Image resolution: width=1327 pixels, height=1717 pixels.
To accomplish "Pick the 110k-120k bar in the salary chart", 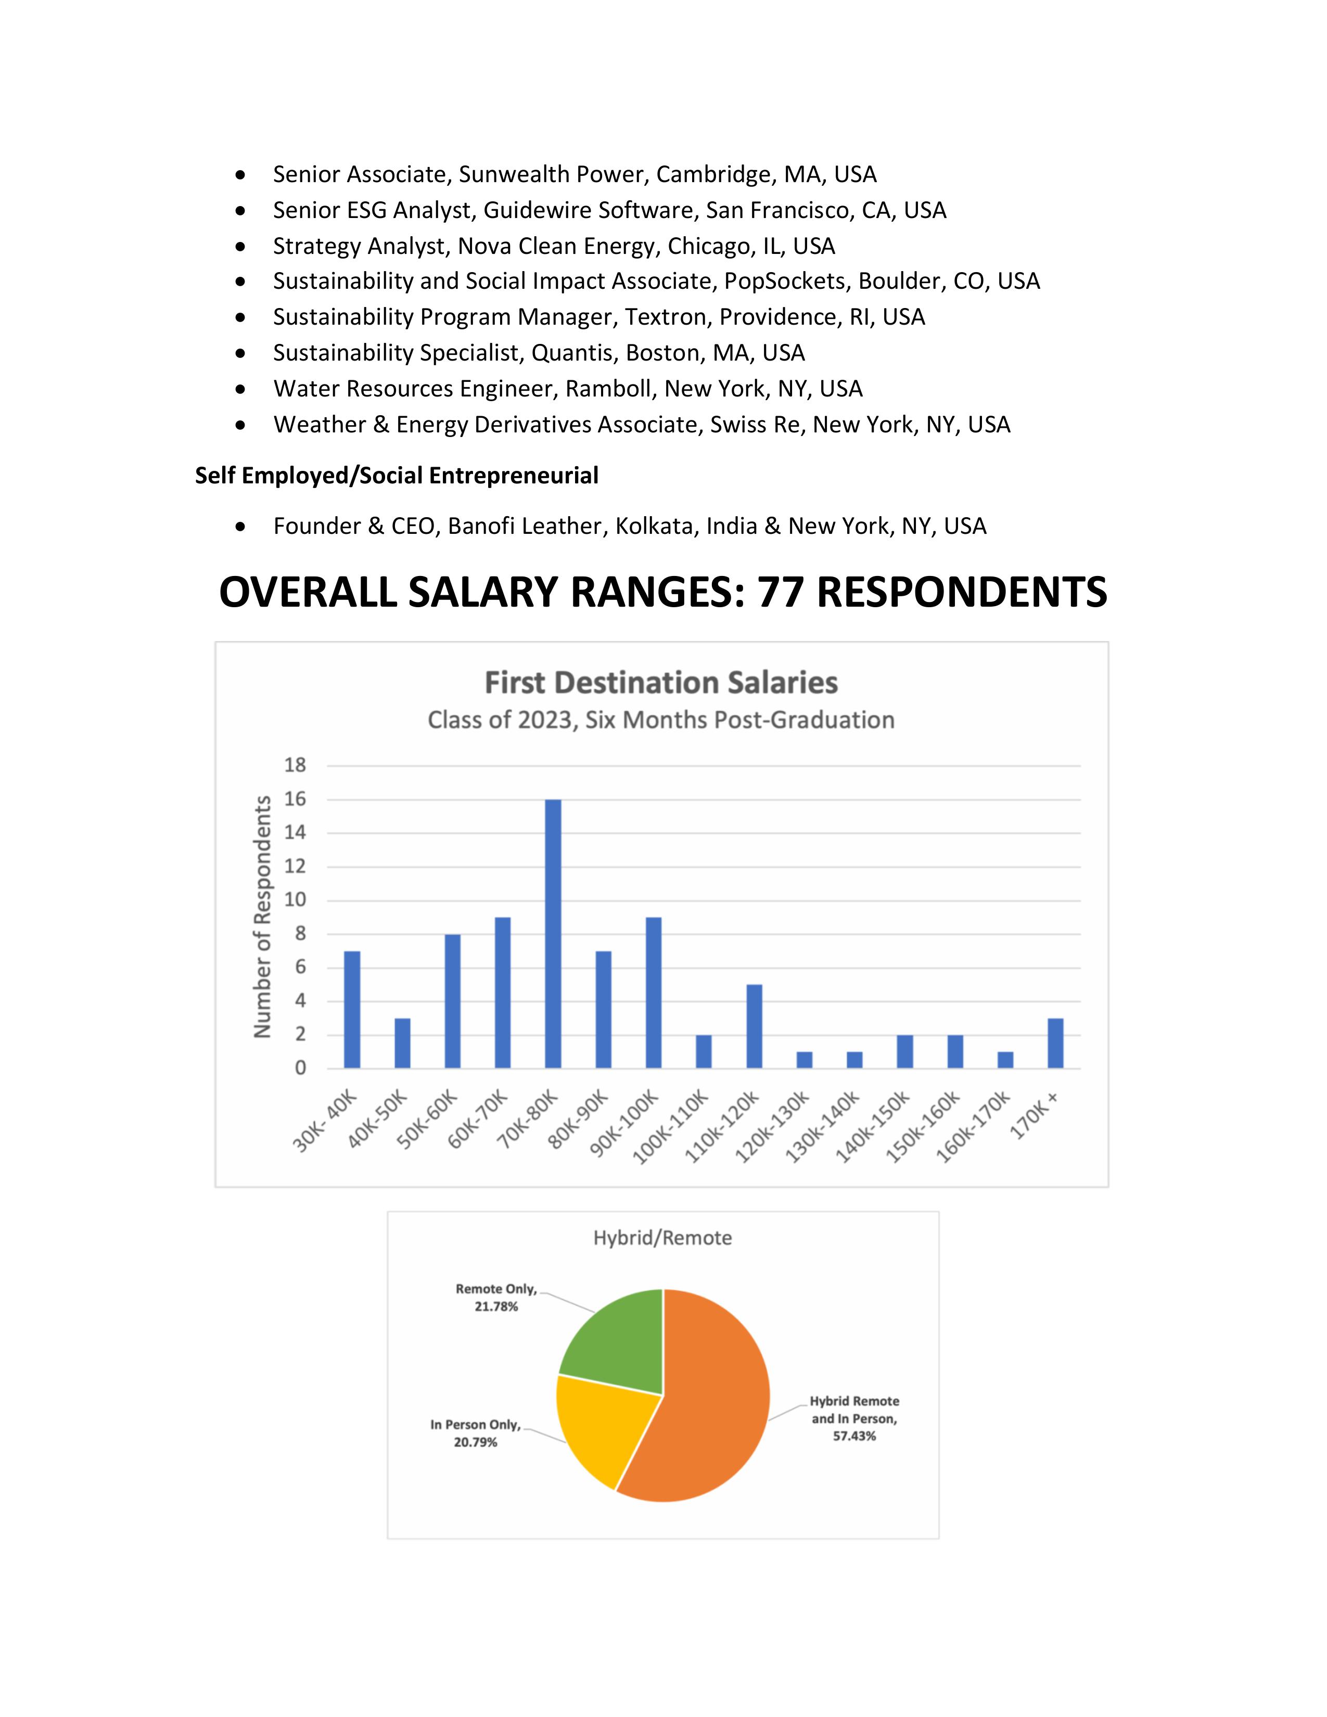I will click(754, 1026).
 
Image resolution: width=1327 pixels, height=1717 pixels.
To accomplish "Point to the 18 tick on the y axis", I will click(295, 765).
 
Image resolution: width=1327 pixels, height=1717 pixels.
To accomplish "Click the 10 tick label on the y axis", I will click(295, 900).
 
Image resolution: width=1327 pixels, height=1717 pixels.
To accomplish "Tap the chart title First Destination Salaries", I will click(661, 683).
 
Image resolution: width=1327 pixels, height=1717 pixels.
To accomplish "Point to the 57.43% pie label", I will click(854, 1437).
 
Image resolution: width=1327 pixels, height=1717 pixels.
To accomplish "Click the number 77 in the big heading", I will click(781, 592).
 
